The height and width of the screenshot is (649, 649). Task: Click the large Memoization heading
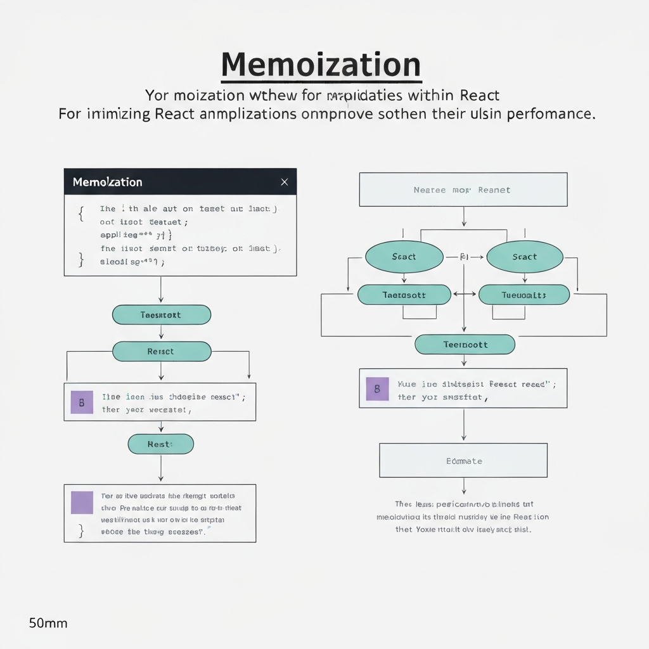[321, 65]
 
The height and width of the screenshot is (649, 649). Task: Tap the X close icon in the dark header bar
[284, 182]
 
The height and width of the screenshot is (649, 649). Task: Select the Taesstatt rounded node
[161, 315]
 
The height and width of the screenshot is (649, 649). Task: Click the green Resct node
[161, 351]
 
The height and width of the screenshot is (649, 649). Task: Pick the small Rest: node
[160, 444]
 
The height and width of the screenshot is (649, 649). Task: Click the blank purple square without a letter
[82, 502]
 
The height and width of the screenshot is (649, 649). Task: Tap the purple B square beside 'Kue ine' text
[377, 389]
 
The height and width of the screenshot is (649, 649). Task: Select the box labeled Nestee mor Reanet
[463, 190]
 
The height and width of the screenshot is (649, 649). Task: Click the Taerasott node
[404, 295]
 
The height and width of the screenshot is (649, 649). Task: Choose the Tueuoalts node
[524, 295]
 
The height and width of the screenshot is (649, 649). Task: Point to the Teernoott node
[465, 345]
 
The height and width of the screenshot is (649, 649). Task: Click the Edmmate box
[463, 461]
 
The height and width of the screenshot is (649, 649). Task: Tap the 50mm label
[48, 623]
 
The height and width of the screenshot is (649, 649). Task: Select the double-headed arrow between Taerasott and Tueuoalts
[465, 294]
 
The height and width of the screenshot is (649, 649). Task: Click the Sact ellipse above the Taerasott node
[404, 257]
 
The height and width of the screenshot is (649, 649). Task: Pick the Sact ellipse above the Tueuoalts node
[524, 257]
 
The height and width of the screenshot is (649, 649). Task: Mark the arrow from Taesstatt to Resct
[161, 333]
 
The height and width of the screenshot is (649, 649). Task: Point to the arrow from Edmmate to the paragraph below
[464, 486]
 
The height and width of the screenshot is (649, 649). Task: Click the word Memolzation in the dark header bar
[107, 182]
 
